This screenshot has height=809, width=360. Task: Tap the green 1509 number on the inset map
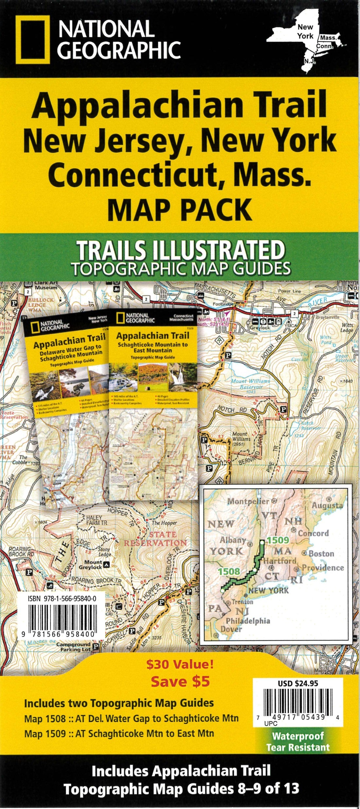[x=278, y=541]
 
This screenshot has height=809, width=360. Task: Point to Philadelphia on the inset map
[x=248, y=621]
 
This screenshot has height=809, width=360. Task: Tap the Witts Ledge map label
[x=347, y=328]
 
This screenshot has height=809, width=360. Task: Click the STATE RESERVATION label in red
[x=155, y=539]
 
